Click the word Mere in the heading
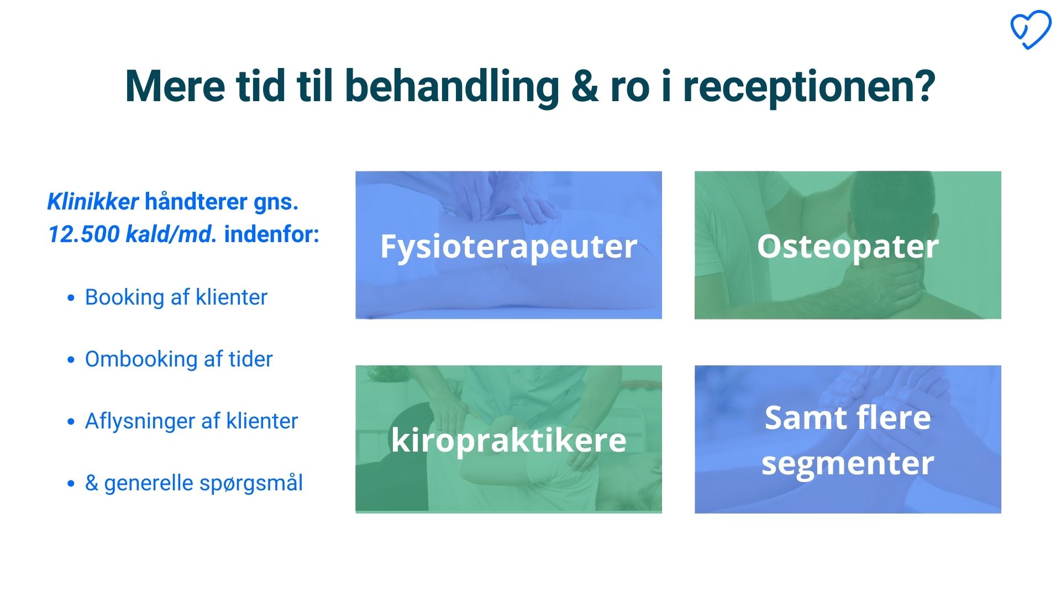(x=175, y=87)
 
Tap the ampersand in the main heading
(x=584, y=87)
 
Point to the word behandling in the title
(x=452, y=88)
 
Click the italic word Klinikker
(x=93, y=202)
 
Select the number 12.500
(x=83, y=234)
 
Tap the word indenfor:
(x=272, y=234)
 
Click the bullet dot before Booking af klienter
(x=71, y=298)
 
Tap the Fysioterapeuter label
(x=508, y=247)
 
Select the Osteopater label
(x=848, y=247)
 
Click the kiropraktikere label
(x=508, y=440)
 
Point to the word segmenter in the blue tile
(x=848, y=463)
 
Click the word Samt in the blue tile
(x=801, y=418)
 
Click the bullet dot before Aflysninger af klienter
(x=71, y=422)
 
